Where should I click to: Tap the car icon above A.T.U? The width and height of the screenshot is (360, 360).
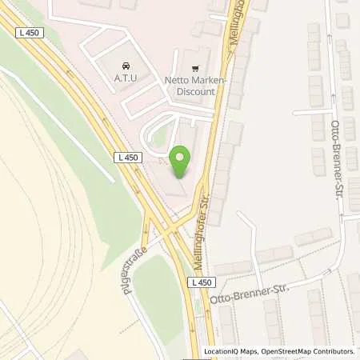tap(125, 66)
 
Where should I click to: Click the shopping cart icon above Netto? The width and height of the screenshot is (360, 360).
tap(196, 68)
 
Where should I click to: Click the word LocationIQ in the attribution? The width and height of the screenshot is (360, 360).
tap(222, 351)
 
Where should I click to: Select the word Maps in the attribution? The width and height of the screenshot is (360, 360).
tap(250, 351)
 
